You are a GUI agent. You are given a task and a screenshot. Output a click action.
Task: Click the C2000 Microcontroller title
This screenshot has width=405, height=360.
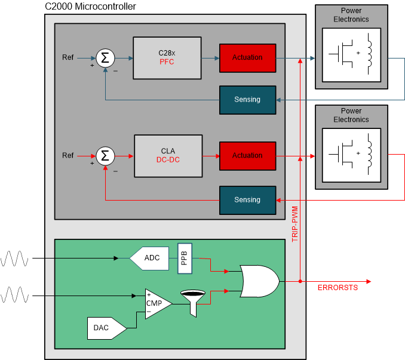[x=90, y=7]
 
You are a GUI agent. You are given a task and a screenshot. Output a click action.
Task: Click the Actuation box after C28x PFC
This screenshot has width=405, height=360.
[x=247, y=58]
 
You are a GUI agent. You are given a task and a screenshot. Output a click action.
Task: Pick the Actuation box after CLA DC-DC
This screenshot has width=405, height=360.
[x=247, y=156]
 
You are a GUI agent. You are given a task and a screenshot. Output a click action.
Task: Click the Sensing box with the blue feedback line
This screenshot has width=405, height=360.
[x=247, y=100]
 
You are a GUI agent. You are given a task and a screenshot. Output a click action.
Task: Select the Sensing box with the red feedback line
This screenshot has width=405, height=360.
[x=247, y=200]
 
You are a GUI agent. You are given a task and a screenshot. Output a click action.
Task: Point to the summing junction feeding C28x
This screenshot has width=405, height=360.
[x=105, y=58]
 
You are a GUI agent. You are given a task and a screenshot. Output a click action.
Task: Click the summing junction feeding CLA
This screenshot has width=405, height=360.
[x=105, y=156]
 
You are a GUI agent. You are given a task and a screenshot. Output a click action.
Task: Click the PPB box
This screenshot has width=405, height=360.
[x=185, y=258]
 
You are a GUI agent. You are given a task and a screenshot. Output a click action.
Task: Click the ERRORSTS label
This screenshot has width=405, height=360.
[x=337, y=288]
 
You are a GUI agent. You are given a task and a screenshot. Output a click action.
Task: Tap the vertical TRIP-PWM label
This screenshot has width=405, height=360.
[x=294, y=224]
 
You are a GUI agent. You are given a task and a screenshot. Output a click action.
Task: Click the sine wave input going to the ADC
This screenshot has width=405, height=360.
[x=15, y=259]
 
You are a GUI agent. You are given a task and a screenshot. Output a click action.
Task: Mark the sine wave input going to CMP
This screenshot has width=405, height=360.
[x=15, y=295]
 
